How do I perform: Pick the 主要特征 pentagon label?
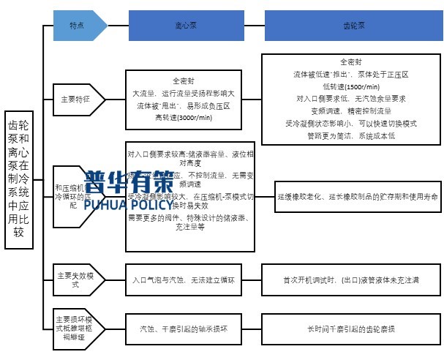78,99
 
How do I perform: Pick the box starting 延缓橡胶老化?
357,198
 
